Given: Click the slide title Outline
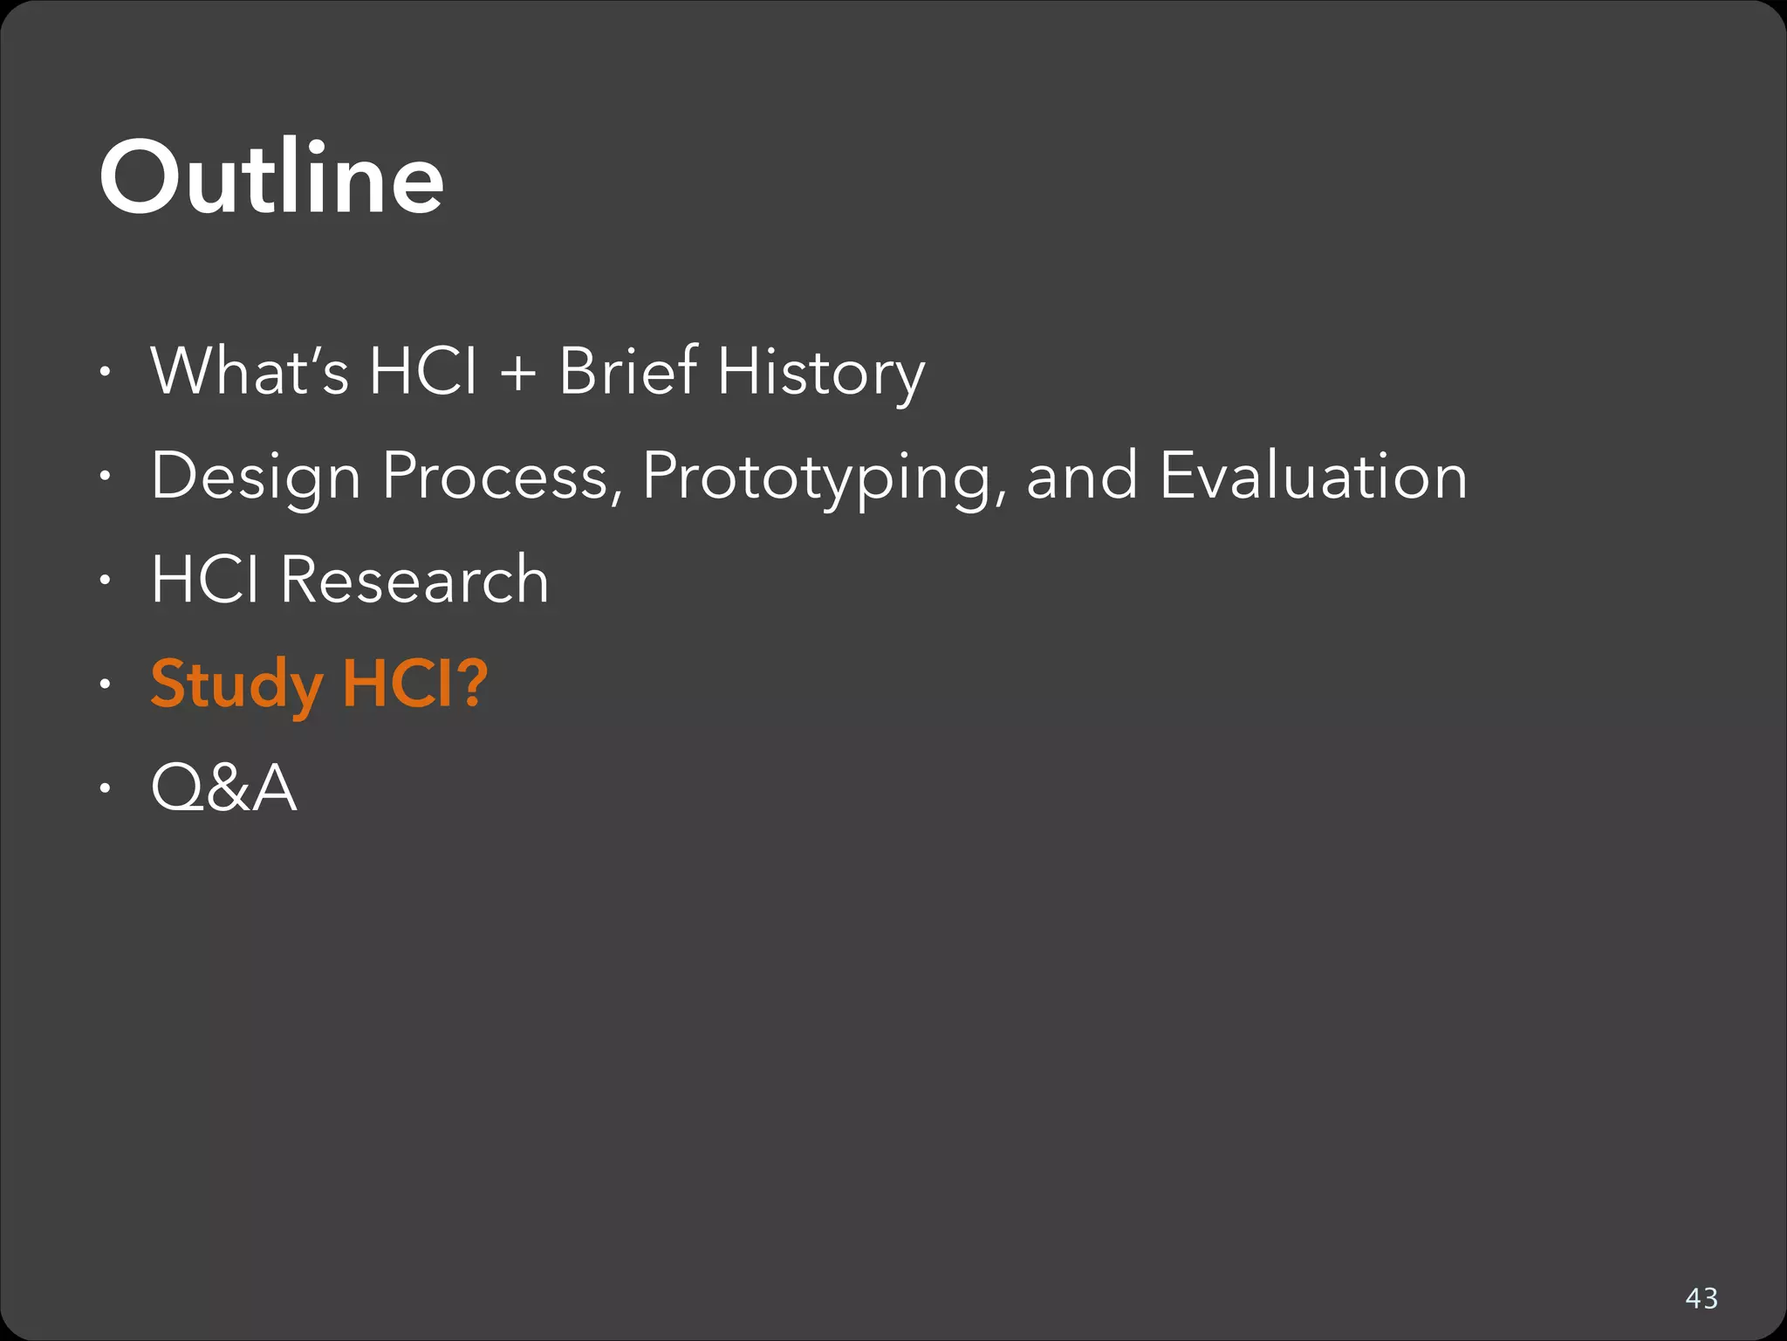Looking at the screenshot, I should coord(271,178).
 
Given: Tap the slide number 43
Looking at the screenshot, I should coord(1701,1298).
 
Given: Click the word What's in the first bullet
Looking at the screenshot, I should coord(250,371).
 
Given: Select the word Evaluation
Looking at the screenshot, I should coord(1313,476).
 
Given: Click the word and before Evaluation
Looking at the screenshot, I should coord(1082,477).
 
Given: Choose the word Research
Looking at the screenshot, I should coord(414,580).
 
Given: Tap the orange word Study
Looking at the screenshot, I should coord(236,685).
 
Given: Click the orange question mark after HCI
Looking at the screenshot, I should coord(472,683).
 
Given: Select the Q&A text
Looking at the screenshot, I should coord(223,787).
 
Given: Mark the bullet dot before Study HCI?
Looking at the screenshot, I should coord(105,685).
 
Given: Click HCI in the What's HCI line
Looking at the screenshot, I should coord(422,371).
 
